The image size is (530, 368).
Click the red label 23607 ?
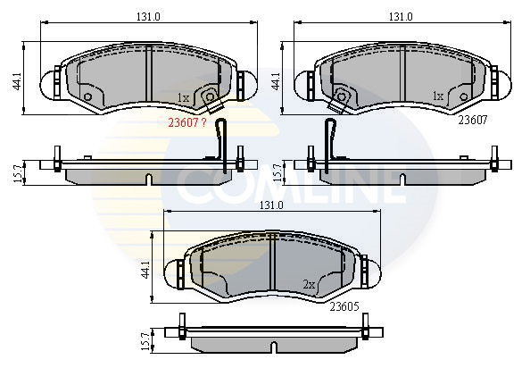[x=187, y=124]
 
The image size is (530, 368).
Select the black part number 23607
[x=473, y=119]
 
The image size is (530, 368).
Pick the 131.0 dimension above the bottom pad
[x=270, y=205]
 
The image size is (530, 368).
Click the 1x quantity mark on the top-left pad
[x=183, y=97]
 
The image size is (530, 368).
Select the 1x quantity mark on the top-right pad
[x=437, y=95]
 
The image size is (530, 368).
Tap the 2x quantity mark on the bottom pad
[x=310, y=285]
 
